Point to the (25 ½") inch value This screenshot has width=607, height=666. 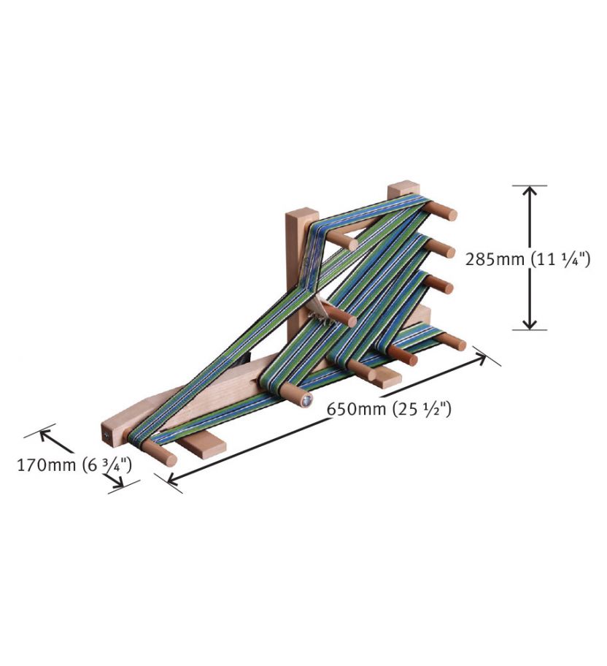(422, 409)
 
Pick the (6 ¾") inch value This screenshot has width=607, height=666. (108, 465)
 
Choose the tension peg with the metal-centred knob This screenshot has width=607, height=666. (303, 398)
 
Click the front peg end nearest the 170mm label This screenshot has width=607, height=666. (169, 459)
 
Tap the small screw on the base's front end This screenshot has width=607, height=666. (107, 435)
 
